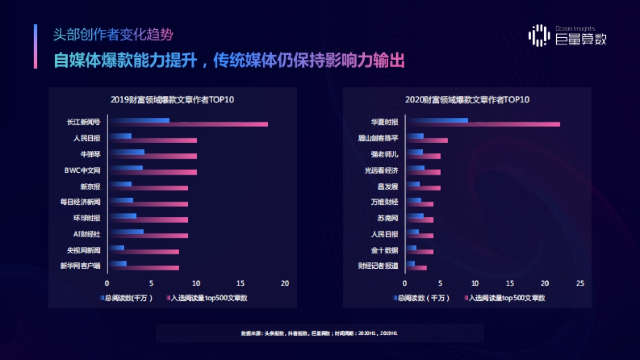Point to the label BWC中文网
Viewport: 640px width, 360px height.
click(x=82, y=170)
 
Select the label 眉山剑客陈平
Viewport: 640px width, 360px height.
click(x=378, y=138)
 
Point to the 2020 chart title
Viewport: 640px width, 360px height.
click(x=467, y=100)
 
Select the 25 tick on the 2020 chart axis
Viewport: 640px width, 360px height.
click(x=580, y=283)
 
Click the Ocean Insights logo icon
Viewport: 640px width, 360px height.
click(x=539, y=35)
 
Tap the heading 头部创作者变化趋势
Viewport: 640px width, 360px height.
click(x=113, y=35)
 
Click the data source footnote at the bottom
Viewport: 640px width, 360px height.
click(x=319, y=333)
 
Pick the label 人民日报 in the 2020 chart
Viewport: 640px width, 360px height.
click(x=385, y=234)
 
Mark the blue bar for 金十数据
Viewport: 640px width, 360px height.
click(x=411, y=247)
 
